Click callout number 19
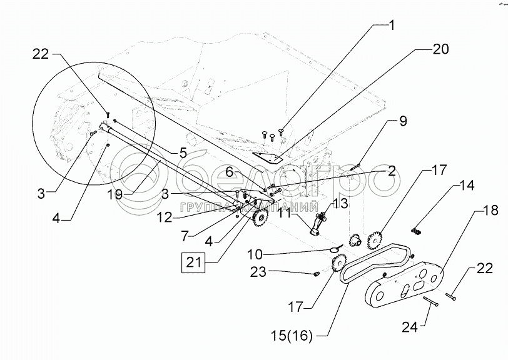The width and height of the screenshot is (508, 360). click(114, 194)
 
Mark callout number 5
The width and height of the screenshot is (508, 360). click(183, 151)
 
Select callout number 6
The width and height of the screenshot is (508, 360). click(247, 169)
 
